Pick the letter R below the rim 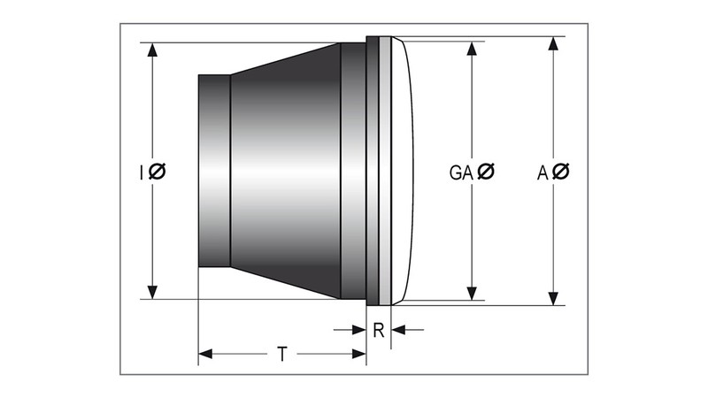point(379,331)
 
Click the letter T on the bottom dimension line point(281,355)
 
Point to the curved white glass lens point(402,171)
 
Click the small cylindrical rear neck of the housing point(214,171)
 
